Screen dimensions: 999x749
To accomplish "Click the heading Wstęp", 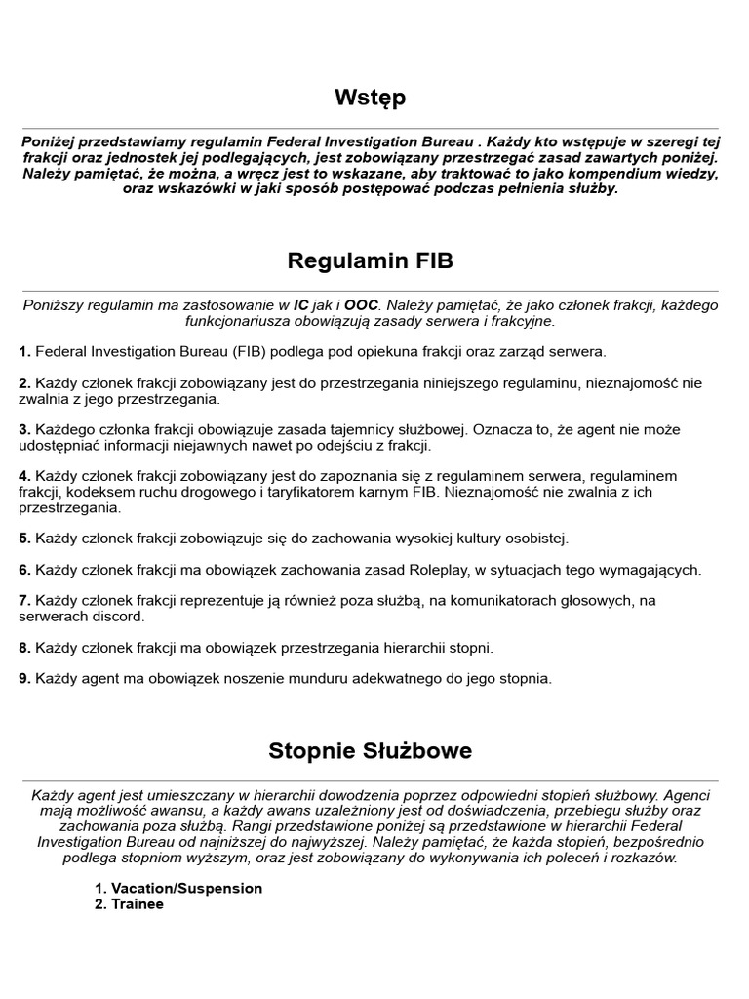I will click(370, 98).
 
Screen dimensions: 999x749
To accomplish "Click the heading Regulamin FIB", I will click(370, 261).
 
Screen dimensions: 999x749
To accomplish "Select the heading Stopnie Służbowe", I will click(370, 751).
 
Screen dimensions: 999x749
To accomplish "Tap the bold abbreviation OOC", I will click(361, 305).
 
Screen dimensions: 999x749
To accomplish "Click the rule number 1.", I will click(24, 351).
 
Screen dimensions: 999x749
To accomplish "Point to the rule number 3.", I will click(24, 429).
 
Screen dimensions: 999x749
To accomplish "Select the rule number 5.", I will click(24, 539).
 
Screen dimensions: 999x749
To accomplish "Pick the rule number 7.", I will click(24, 600).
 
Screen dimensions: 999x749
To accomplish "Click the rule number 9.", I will click(24, 678).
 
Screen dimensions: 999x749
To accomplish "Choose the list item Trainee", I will click(138, 903).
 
